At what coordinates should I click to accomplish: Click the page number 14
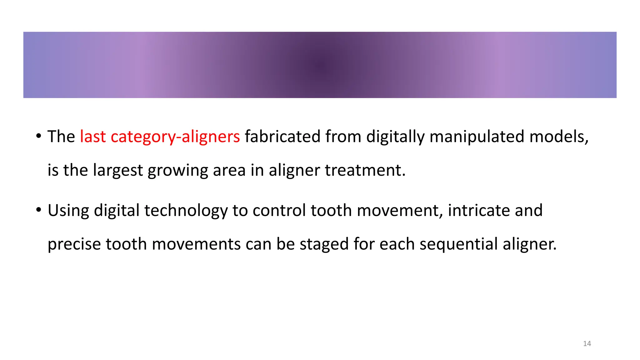click(587, 344)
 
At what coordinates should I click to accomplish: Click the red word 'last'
click(93, 137)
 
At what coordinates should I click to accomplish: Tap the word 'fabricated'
click(282, 137)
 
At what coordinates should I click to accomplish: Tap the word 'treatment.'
click(365, 170)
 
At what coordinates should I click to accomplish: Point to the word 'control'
click(279, 210)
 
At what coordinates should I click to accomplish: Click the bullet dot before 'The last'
click(38, 136)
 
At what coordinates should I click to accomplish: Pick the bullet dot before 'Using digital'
click(38, 210)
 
